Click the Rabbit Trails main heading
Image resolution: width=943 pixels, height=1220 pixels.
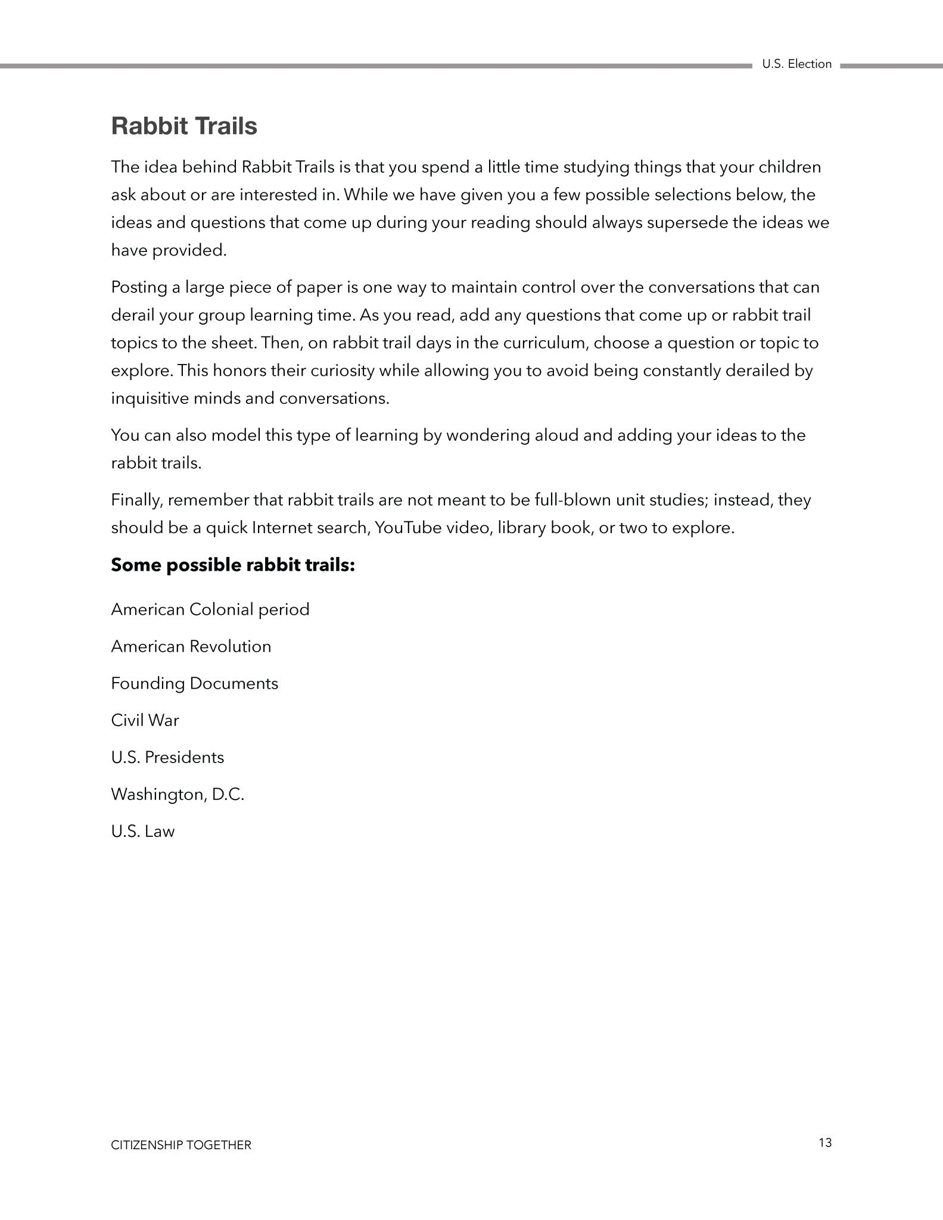(184, 126)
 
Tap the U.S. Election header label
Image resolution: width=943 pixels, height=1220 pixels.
(796, 64)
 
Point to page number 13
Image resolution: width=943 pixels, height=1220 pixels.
(825, 1143)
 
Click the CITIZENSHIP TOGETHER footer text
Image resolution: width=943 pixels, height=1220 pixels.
(181, 1145)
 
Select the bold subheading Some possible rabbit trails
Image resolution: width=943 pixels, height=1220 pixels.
(233, 565)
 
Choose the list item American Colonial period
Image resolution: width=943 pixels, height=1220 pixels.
(210, 609)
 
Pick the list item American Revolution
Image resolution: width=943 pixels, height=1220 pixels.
(191, 646)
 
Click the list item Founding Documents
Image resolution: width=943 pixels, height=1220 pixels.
(195, 683)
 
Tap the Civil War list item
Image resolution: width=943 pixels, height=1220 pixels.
(145, 720)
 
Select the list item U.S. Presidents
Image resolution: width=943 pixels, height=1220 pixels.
(167, 757)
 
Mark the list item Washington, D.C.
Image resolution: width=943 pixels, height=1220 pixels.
(178, 795)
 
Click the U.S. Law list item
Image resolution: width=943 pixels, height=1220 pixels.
(143, 831)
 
